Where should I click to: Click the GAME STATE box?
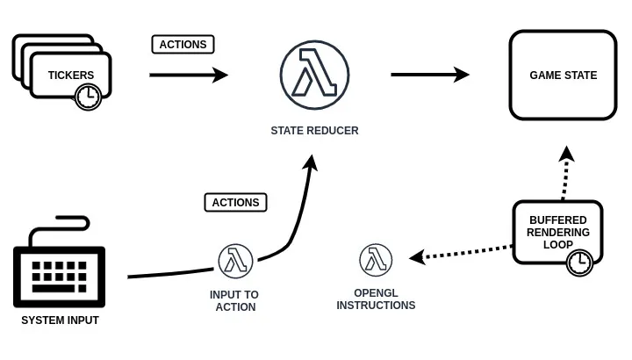[563, 76]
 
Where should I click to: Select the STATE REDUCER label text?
[314, 131]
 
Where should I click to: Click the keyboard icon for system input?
[59, 265]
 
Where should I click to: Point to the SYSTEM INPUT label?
[60, 320]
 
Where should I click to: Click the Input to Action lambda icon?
[235, 261]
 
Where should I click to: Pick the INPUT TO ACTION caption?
[235, 300]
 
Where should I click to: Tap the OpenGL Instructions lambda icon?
[376, 260]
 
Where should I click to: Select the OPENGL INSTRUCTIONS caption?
[376, 299]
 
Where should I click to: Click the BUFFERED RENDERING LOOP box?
[558, 231]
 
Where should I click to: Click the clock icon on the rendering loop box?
[579, 262]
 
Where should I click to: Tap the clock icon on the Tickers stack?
[88, 97]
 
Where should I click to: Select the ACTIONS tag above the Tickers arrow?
[183, 44]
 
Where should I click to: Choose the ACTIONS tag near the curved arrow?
[235, 202]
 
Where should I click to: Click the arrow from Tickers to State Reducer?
[188, 76]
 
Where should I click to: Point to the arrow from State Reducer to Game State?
[429, 76]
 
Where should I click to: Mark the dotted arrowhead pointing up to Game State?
[567, 154]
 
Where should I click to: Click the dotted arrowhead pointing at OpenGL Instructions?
[418, 257]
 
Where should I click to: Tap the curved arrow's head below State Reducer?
[311, 162]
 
